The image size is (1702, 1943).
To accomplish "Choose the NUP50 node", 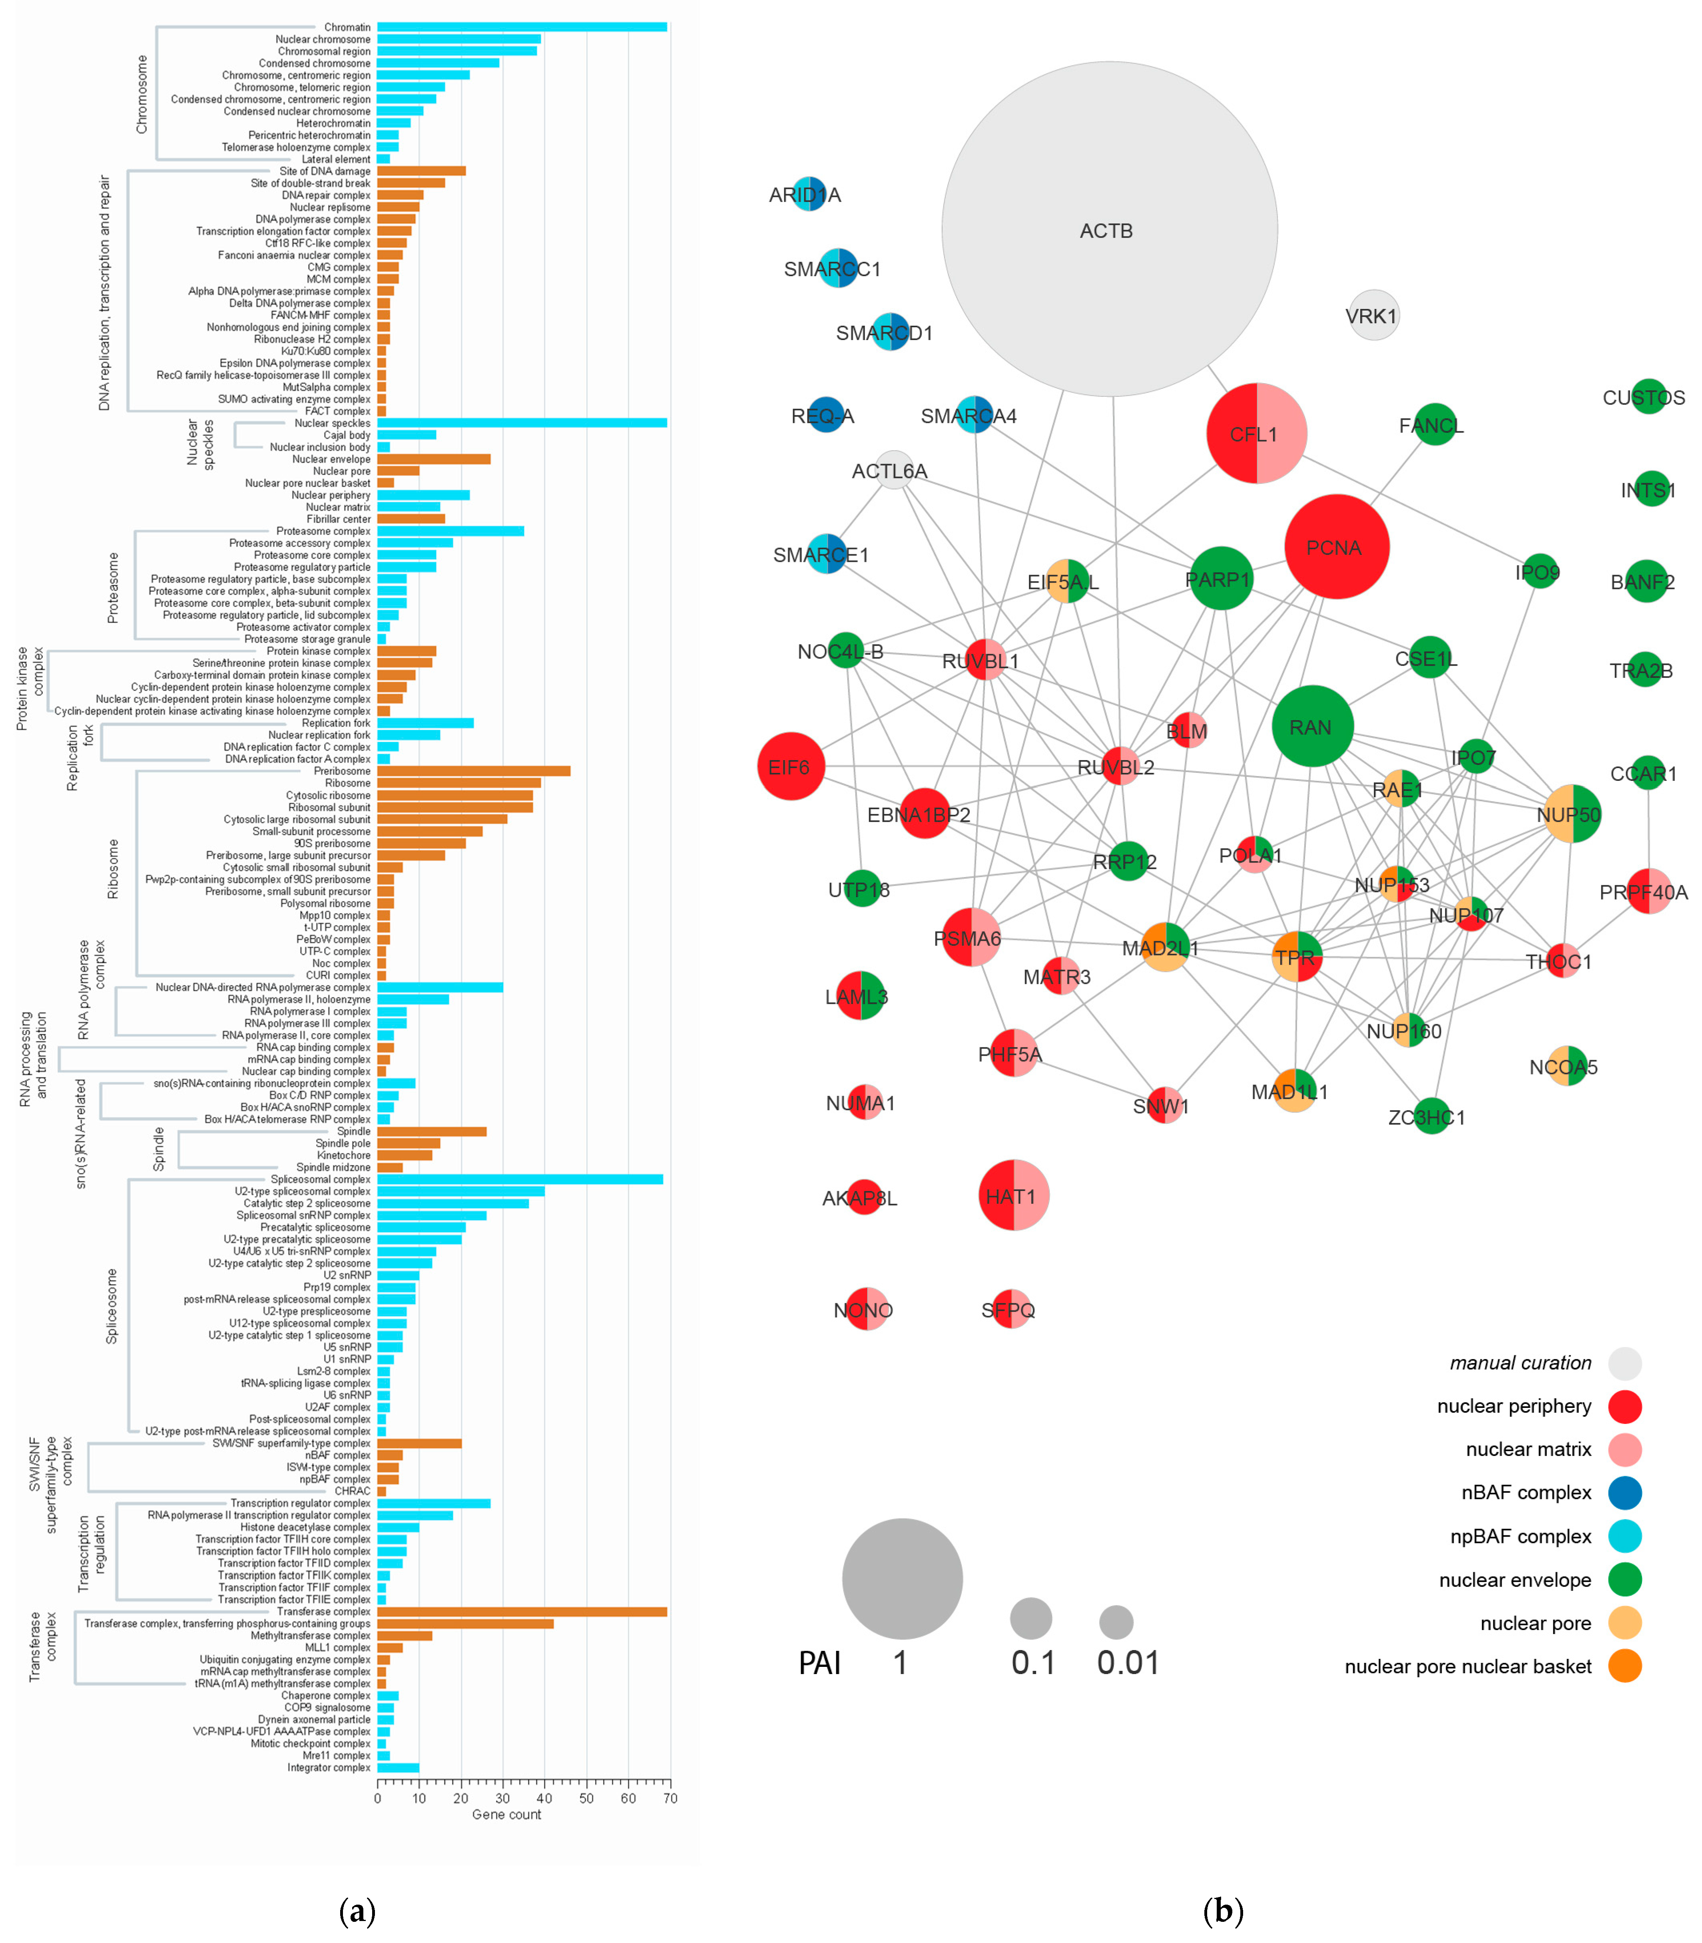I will pyautogui.click(x=1572, y=814).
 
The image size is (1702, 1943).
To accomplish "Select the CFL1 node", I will pyautogui.click(x=1256, y=433).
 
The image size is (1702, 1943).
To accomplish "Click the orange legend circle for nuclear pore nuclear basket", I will pyautogui.click(x=1625, y=1666).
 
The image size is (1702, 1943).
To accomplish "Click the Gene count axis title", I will pyautogui.click(x=506, y=1815).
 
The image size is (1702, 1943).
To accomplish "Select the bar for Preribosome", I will pyautogui.click(x=473, y=771).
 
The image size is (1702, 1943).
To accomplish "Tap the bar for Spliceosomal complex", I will pyautogui.click(x=520, y=1179).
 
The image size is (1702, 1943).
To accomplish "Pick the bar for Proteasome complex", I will pyautogui.click(x=450, y=531).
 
